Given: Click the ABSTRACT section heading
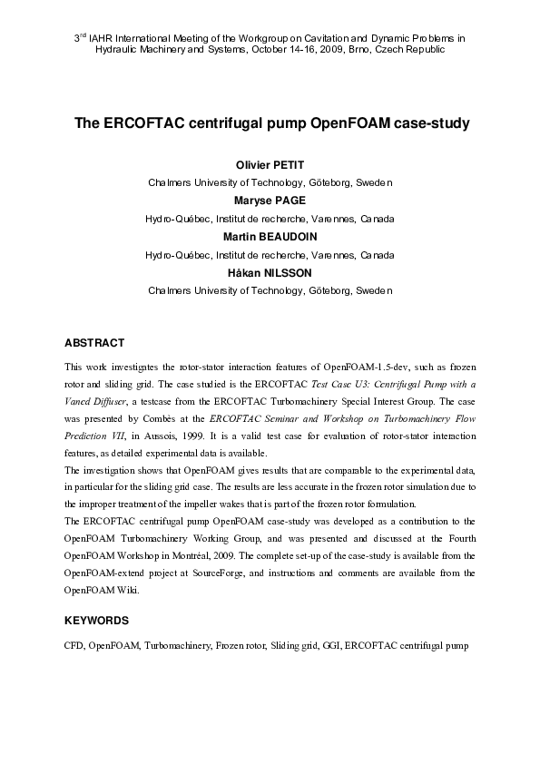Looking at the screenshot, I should point(94,343).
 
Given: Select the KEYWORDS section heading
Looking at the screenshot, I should point(96,622).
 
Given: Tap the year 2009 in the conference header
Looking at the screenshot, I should point(329,50).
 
